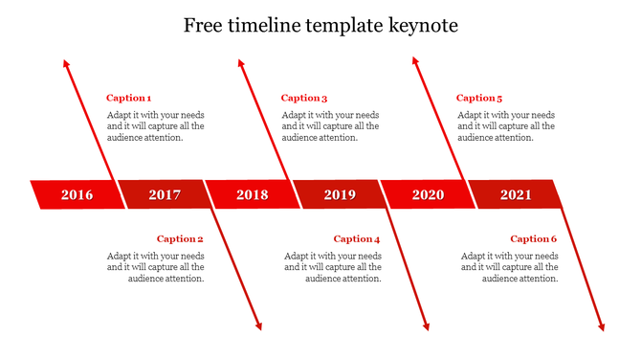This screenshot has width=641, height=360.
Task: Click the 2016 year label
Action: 77,195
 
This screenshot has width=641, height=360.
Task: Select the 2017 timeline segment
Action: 165,195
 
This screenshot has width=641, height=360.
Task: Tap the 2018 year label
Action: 253,195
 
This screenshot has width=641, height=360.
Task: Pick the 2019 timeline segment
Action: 340,195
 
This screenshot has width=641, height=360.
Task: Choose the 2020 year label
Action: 428,195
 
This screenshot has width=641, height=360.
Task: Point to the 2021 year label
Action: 516,195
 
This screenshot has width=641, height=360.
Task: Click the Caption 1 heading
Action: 128,98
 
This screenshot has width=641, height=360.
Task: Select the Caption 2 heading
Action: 180,239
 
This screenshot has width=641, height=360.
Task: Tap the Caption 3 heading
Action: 304,98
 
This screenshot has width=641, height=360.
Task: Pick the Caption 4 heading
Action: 357,239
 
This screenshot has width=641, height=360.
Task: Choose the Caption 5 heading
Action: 479,98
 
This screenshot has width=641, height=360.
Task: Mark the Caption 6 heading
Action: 533,239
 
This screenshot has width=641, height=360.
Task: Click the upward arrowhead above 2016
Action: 66,63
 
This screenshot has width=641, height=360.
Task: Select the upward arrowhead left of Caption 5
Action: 415,61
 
